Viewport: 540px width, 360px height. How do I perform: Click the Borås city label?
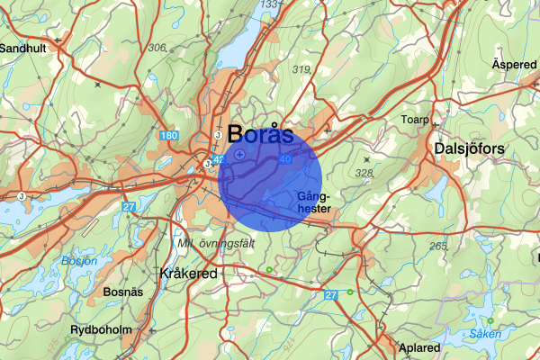coord(261,135)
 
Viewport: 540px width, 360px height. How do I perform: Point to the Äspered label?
coord(513,65)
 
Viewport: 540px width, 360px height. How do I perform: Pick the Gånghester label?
coord(313,202)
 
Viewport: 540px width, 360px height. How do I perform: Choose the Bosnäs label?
coord(123,292)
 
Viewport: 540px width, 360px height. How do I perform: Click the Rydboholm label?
coord(102,329)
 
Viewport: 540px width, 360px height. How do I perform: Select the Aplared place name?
coord(418,347)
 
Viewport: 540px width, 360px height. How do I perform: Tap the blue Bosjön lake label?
coord(79,261)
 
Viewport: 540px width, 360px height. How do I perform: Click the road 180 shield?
coord(168,135)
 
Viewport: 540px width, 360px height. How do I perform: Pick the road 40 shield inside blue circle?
coord(285,159)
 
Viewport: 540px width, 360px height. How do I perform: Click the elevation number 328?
coord(364,173)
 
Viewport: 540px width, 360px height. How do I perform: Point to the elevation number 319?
coord(301,68)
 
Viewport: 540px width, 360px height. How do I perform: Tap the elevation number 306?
coord(159,48)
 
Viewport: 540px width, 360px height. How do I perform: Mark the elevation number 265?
coord(438,246)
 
